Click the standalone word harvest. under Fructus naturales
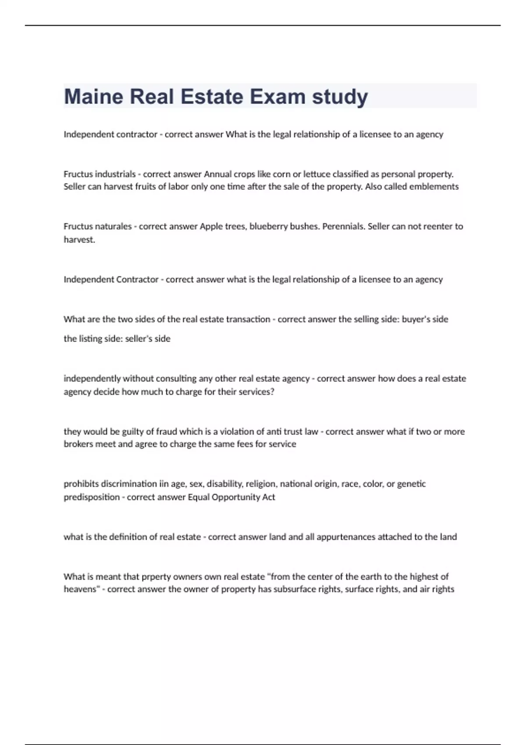pyautogui.click(x=79, y=240)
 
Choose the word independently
pyautogui.click(x=92, y=379)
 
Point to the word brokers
pyautogui.click(x=78, y=444)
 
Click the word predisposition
pyautogui.click(x=92, y=497)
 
